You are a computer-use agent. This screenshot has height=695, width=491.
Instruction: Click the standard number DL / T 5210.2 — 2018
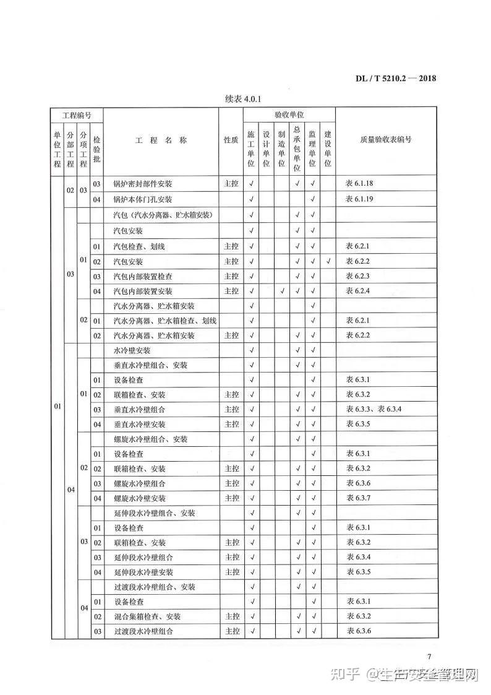(x=396, y=78)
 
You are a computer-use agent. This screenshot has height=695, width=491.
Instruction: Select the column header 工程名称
(x=160, y=140)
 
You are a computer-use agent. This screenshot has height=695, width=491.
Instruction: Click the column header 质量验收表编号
(x=385, y=140)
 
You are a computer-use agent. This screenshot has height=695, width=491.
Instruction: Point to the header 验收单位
(x=289, y=115)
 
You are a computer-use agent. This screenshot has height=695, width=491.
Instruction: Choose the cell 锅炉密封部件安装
(x=143, y=184)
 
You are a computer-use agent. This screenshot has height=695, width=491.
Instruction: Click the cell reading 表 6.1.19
(x=360, y=199)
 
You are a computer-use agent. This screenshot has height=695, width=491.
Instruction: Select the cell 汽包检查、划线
(x=139, y=247)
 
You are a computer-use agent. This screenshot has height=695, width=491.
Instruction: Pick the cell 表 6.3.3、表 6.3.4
(x=374, y=410)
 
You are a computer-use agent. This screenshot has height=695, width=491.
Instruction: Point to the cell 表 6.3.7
(x=358, y=499)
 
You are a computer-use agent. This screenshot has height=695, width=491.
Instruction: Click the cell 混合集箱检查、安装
(x=147, y=617)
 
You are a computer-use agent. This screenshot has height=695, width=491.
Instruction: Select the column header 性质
(x=231, y=140)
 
